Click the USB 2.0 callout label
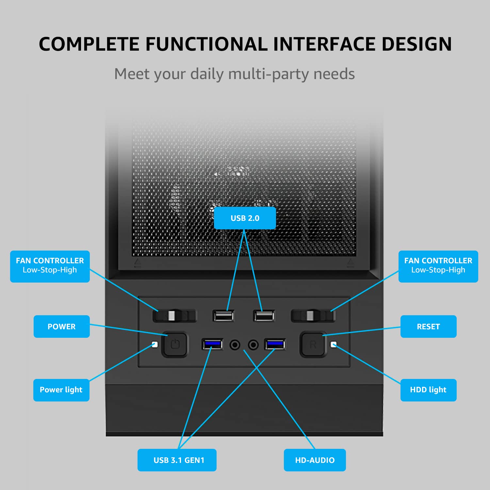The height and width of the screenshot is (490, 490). [x=245, y=218]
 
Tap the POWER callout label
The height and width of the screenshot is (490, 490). [x=61, y=326]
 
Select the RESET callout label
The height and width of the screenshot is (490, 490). [x=428, y=326]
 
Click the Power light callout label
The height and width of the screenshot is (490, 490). [x=61, y=390]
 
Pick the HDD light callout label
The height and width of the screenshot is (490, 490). [x=428, y=390]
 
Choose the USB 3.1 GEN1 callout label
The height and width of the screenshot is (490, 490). [x=177, y=460]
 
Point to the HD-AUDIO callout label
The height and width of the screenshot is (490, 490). [x=315, y=460]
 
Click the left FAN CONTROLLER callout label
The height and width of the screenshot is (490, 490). [x=50, y=267]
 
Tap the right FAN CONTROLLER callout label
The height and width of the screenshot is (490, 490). [x=438, y=267]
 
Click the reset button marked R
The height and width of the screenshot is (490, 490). [x=313, y=344]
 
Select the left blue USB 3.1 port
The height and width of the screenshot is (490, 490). [x=212, y=344]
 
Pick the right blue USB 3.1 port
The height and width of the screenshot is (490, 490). [x=275, y=344]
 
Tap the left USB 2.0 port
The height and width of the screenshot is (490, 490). [x=223, y=316]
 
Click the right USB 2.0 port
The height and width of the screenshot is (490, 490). [x=264, y=316]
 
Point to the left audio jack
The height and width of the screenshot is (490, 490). [x=235, y=345]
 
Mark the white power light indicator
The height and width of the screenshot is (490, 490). [x=155, y=345]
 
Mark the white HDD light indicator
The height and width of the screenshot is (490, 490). [x=334, y=345]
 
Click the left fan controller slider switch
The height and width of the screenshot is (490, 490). [x=174, y=316]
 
